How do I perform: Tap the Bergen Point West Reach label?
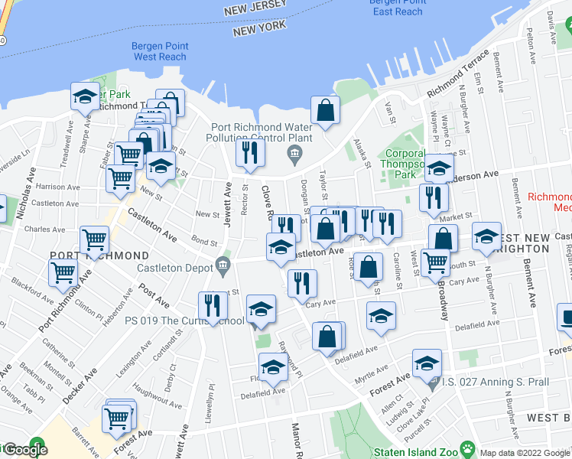tap(159, 51)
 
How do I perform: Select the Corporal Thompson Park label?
tap(405, 162)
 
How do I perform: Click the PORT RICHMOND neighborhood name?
tap(99, 255)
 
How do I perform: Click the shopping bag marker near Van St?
tap(325, 109)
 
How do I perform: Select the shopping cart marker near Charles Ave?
tap(95, 239)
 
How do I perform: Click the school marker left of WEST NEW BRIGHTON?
tap(486, 236)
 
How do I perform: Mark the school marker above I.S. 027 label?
tap(427, 363)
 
